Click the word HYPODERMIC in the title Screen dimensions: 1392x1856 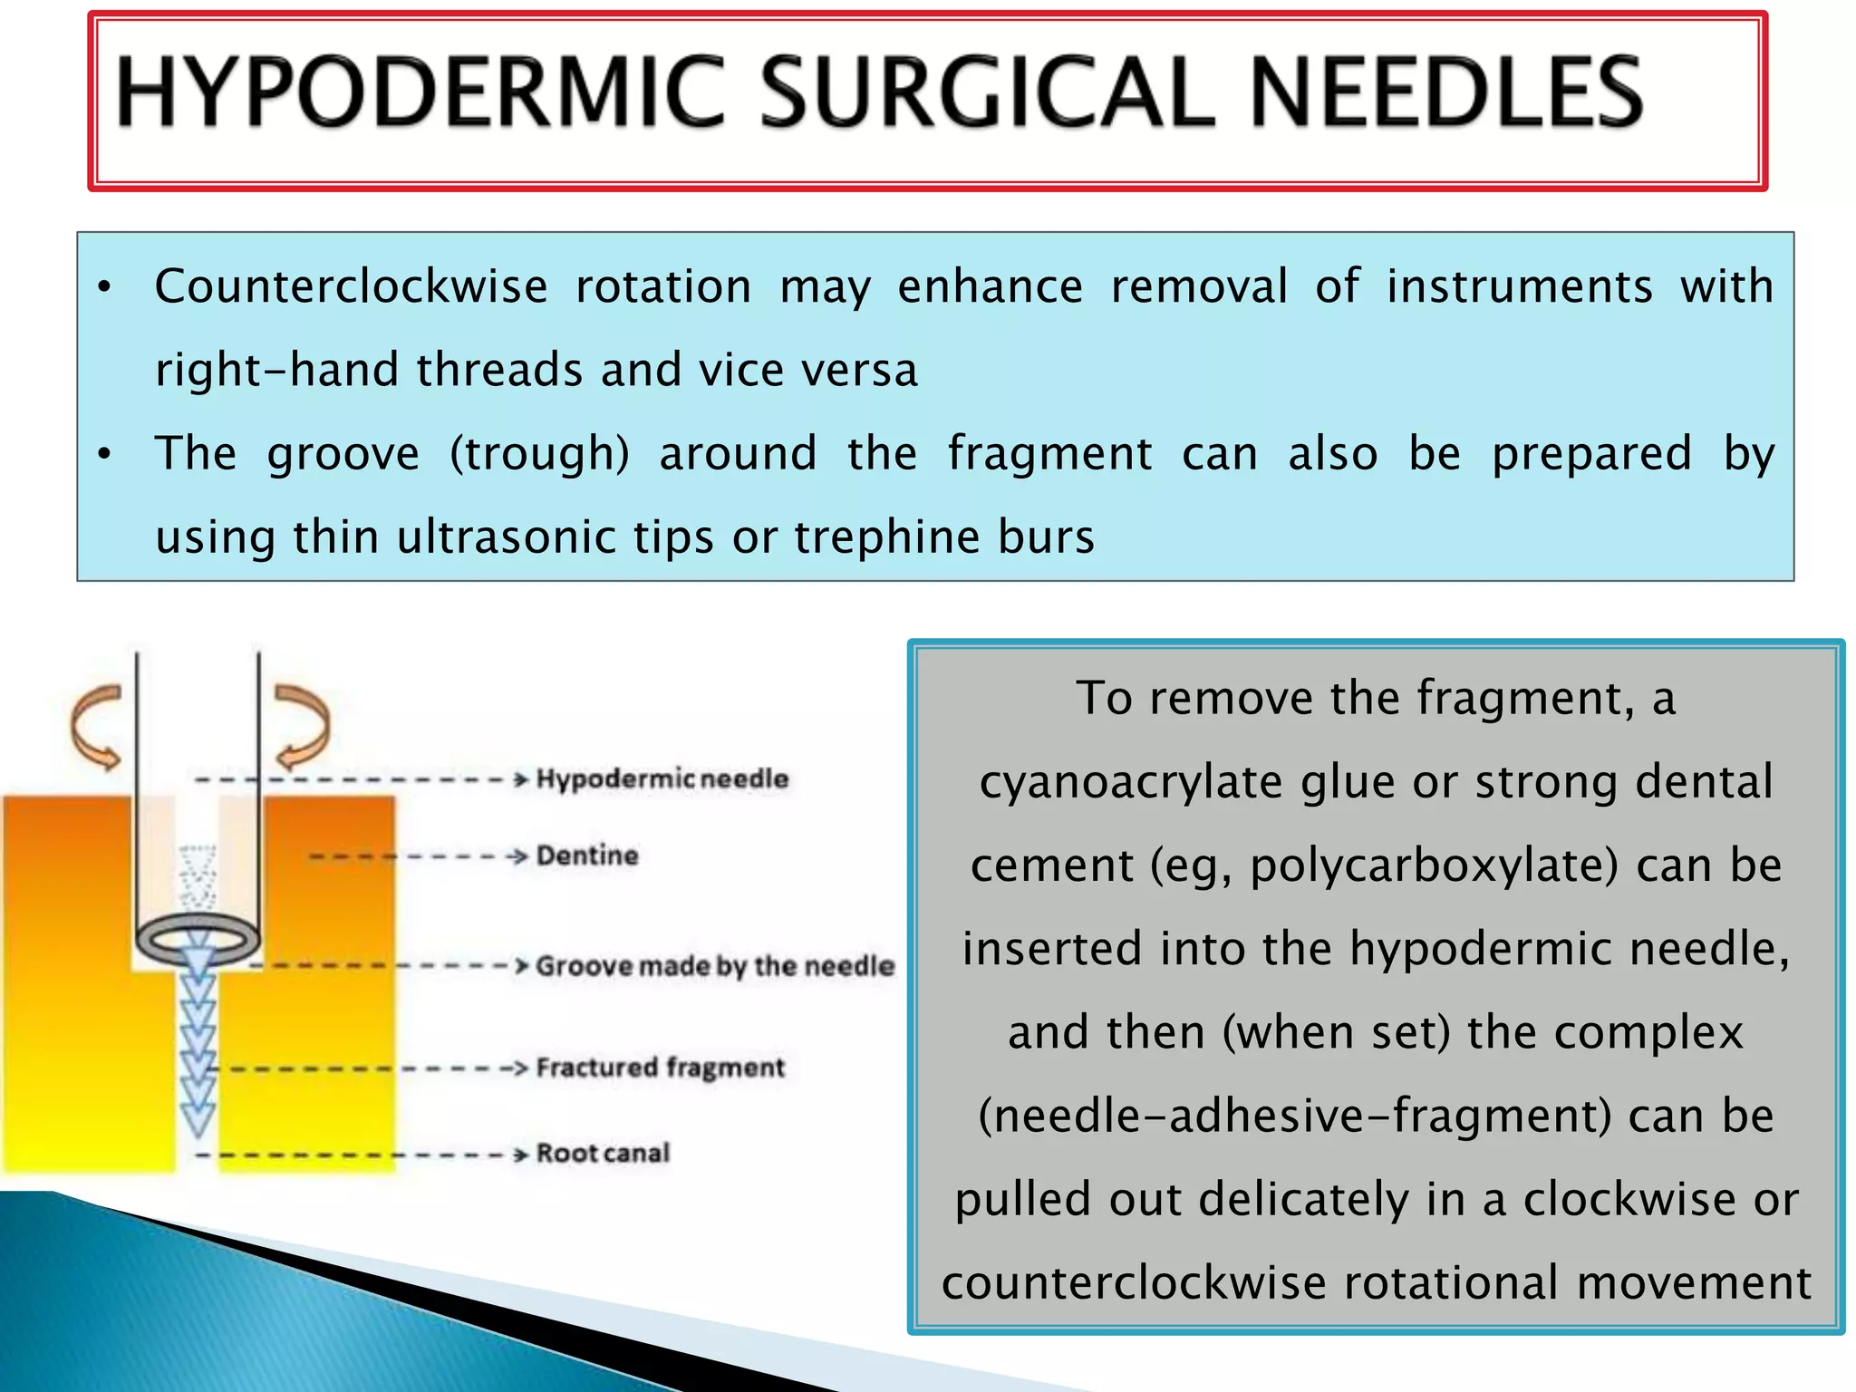[x=420, y=92]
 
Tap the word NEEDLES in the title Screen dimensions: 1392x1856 [x=1446, y=92]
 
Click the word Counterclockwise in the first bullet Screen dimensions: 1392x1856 [x=351, y=287]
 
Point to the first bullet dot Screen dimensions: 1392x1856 [x=105, y=288]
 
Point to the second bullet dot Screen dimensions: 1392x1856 [x=105, y=454]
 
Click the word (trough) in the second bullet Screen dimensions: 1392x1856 [x=539, y=454]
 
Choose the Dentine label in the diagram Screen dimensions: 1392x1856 [x=587, y=855]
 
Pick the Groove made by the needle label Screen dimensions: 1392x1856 [x=714, y=966]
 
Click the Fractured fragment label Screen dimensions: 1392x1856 [x=660, y=1068]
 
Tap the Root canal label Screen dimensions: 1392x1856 [x=603, y=1154]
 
